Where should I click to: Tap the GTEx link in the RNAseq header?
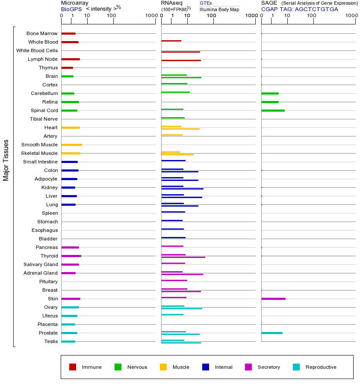(x=206, y=3)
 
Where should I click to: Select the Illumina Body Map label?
(x=220, y=9)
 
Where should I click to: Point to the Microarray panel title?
(x=74, y=3)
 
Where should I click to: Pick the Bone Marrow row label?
(x=42, y=33)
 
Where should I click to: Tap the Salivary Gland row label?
(x=41, y=264)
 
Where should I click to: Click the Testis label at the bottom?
(x=51, y=341)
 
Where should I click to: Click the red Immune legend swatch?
(x=73, y=367)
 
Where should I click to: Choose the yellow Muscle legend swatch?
(x=163, y=367)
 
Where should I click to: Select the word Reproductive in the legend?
(x=321, y=367)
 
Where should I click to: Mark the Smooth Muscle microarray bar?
(x=71, y=145)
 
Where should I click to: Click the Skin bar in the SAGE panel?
(x=273, y=299)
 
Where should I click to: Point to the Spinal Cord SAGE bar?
(x=273, y=110)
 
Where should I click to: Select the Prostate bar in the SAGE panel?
(x=271, y=333)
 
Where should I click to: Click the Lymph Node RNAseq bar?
(x=181, y=60)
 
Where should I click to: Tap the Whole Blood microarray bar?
(x=70, y=42)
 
